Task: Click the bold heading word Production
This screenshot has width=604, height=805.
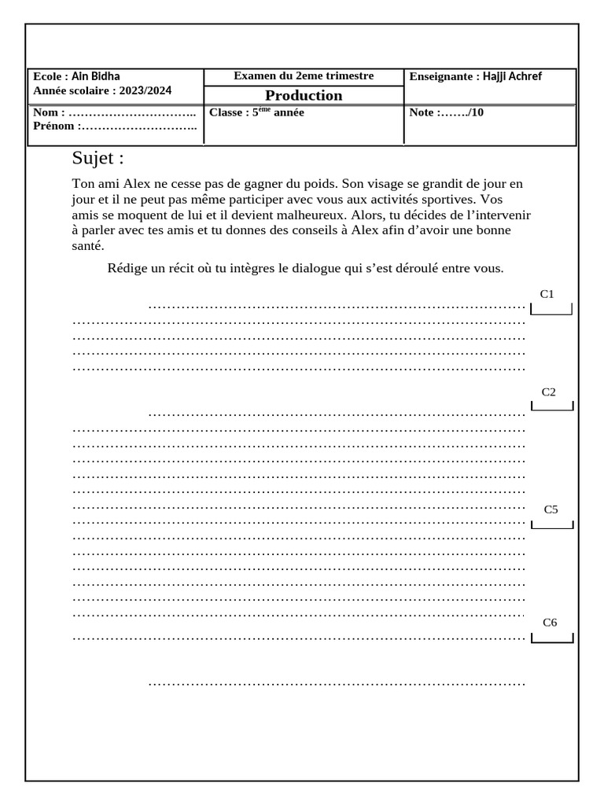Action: (304, 95)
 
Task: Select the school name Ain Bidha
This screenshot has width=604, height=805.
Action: (96, 77)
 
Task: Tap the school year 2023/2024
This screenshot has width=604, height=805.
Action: (145, 90)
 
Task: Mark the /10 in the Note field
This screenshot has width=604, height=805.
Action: (475, 112)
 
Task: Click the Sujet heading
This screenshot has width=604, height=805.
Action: (98, 158)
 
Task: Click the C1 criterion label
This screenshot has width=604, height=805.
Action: (547, 294)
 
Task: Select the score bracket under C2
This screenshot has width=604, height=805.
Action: (552, 406)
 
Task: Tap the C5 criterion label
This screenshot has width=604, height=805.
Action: (551, 509)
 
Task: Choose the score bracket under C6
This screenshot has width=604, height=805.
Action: (552, 638)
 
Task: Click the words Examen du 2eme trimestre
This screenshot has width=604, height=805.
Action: (304, 76)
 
